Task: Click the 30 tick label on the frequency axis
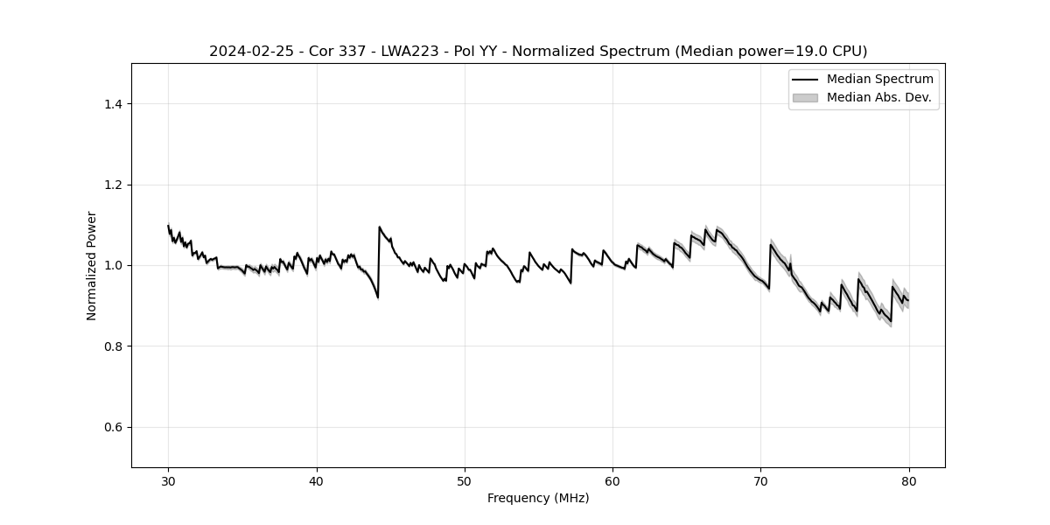[168, 481]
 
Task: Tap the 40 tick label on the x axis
[317, 481]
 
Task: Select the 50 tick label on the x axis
[465, 481]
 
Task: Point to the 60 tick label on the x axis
[612, 481]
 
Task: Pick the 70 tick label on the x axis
[760, 481]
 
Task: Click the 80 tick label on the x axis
[909, 481]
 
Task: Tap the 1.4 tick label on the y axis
[113, 104]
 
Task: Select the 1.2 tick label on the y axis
[113, 185]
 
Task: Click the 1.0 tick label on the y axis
[113, 265]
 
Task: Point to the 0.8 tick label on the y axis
[113, 346]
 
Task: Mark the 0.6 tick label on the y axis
[113, 427]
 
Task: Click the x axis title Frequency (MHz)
[538, 498]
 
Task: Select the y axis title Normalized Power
[92, 265]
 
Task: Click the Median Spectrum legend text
[879, 80]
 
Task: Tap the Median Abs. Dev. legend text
[878, 97]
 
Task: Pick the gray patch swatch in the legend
[805, 97]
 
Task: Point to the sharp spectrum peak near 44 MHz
[379, 227]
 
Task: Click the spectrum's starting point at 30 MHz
[168, 226]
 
